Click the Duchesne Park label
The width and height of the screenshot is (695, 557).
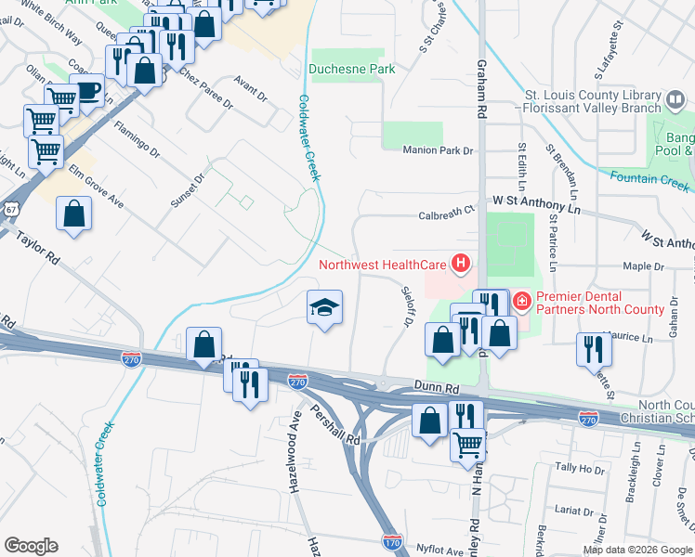tap(352, 69)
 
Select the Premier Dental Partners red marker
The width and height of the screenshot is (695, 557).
tap(521, 301)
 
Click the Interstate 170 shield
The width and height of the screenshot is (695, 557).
tap(393, 538)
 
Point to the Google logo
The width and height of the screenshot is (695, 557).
tap(31, 546)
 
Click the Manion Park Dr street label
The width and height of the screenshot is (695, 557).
tap(438, 150)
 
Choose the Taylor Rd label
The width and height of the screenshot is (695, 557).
tap(37, 249)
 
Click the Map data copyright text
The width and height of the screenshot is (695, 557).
tap(637, 550)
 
